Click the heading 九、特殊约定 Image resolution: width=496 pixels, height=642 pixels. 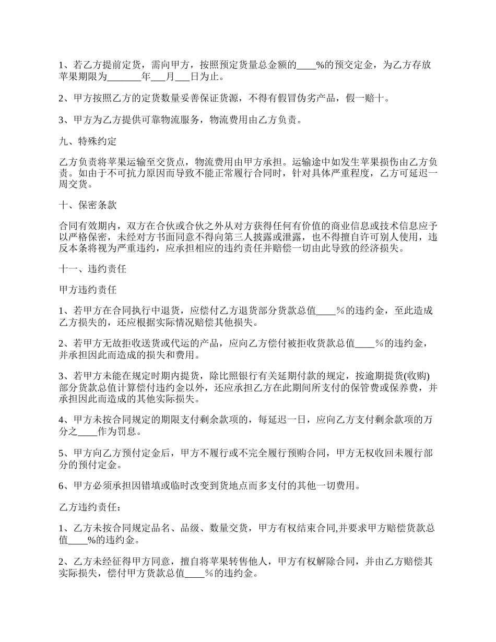point(87,141)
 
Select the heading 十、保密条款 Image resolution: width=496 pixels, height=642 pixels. point(87,205)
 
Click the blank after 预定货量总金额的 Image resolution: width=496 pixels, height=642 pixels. point(306,66)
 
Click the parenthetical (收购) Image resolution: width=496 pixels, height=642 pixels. point(420,376)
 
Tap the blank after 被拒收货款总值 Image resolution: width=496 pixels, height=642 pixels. point(365,343)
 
